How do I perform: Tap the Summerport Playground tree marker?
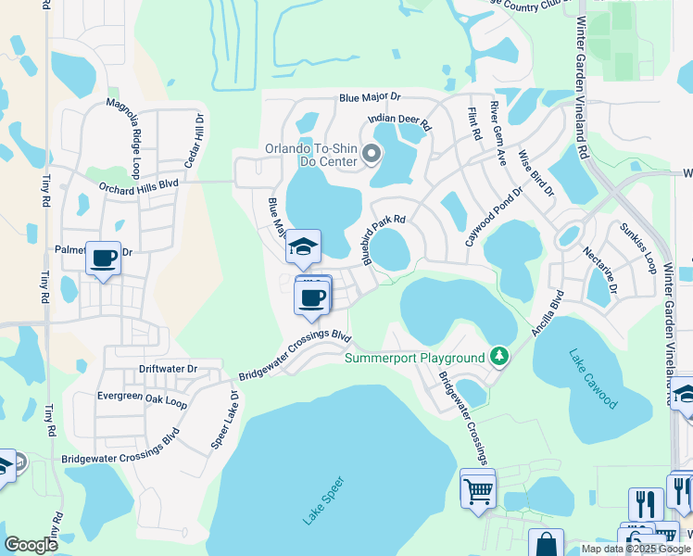499,357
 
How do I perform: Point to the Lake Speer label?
323,500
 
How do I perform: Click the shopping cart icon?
478,490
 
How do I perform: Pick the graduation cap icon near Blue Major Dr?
303,246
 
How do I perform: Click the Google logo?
31,545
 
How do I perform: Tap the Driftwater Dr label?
168,369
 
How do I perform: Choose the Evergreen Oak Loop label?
142,400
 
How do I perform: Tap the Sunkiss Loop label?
637,243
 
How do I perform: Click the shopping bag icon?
546,544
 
